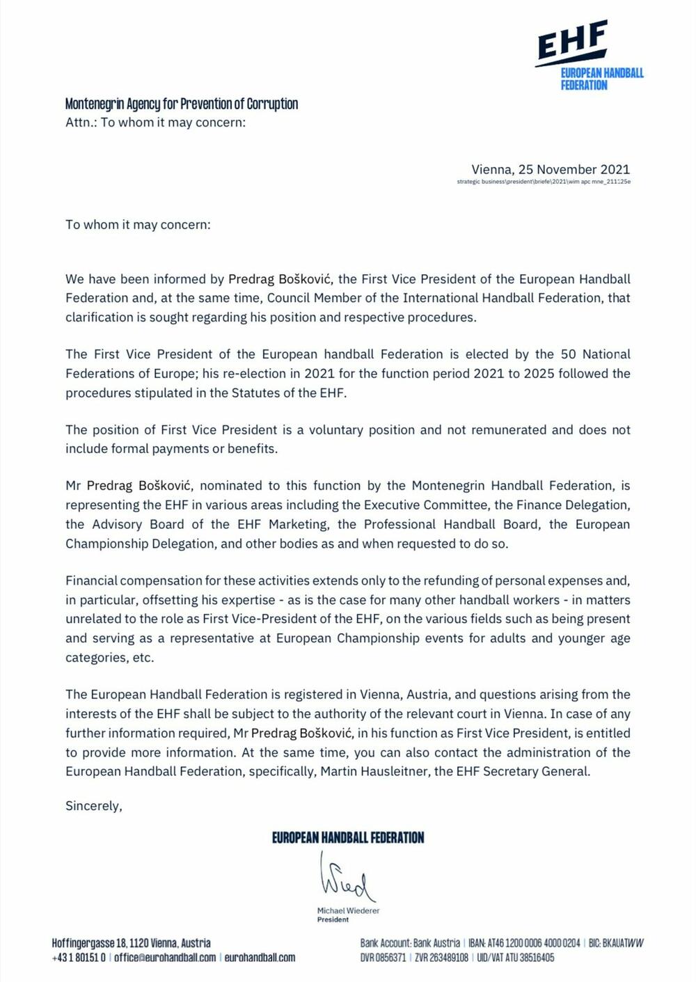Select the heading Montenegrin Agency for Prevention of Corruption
182,104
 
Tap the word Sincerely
93,806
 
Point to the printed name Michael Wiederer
348,910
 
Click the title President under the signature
333,919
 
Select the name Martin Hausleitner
374,771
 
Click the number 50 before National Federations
569,354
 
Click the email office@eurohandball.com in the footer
165,958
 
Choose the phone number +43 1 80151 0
79,958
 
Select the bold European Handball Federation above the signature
347,837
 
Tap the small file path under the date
544,182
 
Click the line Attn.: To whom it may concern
155,122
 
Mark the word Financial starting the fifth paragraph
91,580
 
